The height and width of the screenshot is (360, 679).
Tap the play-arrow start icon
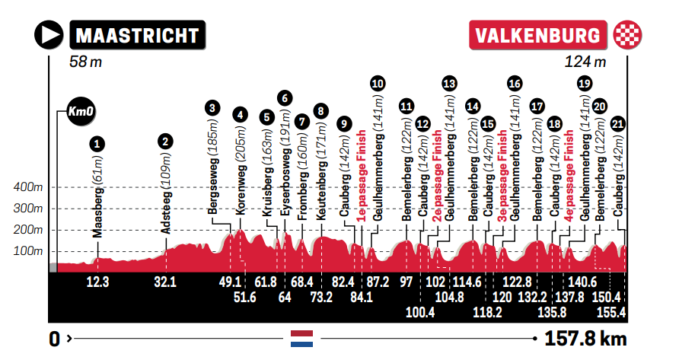pos(49,35)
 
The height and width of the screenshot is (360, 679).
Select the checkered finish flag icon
pos(627,35)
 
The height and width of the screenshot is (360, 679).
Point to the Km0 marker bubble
pos(79,112)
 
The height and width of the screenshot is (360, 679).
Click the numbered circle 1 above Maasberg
pos(97,142)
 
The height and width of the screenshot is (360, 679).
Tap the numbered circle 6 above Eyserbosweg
pos(284,97)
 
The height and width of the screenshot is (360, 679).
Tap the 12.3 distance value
pos(98,282)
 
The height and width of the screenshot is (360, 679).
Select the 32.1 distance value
pos(165,282)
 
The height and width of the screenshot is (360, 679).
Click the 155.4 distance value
pos(611,311)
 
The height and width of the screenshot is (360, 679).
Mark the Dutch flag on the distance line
pos(302,339)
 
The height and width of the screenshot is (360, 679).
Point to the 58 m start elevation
pos(84,62)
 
